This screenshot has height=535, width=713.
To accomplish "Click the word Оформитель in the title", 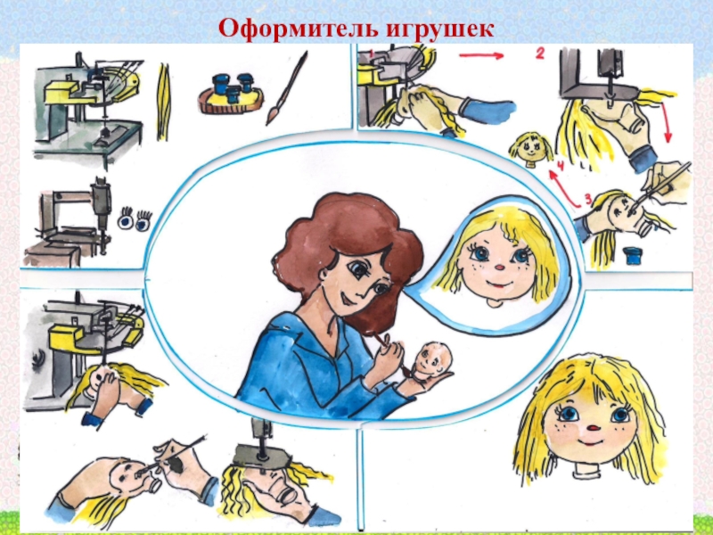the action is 299,29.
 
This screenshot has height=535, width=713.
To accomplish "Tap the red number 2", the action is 540,54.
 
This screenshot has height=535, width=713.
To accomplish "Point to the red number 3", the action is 588,199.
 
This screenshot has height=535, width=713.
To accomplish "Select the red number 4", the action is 561,166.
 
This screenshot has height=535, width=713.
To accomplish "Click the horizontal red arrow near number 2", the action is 481,55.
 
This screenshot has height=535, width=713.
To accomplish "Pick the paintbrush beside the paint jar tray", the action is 287,87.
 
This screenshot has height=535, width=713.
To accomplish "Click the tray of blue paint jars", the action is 231,94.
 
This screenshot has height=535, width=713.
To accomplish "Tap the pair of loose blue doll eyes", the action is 135,219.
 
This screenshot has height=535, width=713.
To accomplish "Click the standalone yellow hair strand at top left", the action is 164,102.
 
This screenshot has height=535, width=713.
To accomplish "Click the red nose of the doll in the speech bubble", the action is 499,267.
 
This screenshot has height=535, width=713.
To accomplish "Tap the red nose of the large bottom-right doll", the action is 594,429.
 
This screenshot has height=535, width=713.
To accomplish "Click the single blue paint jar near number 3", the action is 632,255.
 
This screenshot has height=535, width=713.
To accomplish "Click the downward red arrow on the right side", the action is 666,121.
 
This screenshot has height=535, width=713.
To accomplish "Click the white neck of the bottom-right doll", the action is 586,473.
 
